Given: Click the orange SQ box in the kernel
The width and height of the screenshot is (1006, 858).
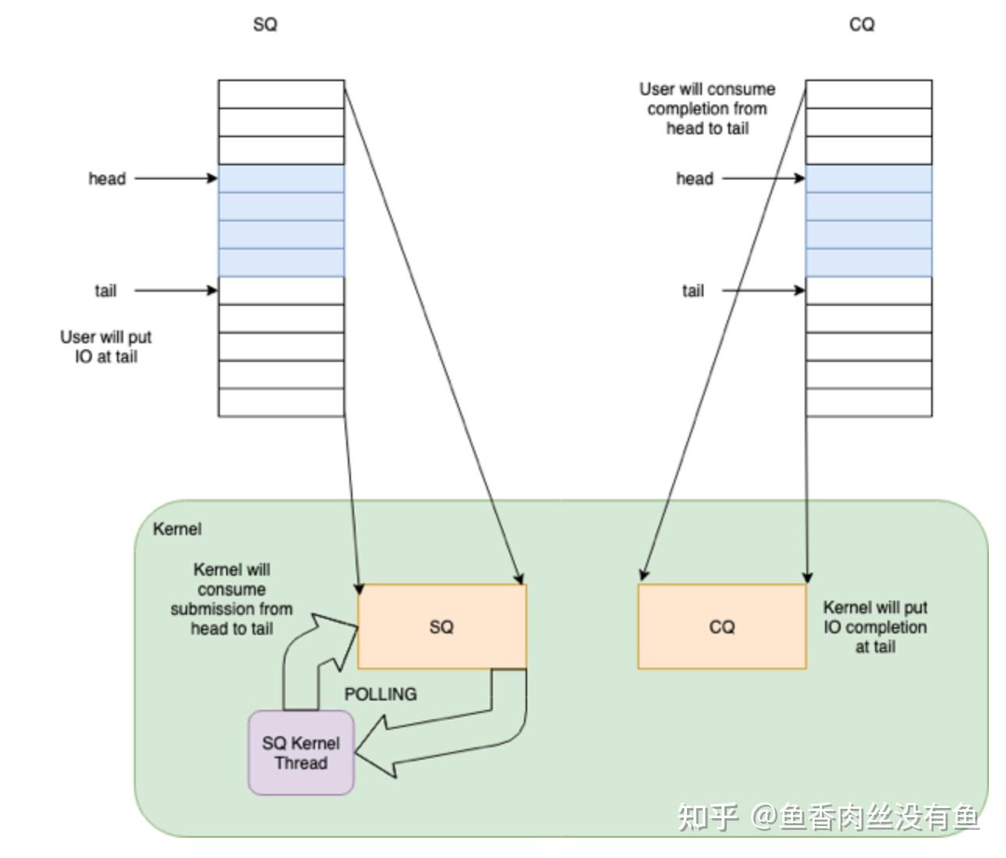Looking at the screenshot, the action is tap(442, 626).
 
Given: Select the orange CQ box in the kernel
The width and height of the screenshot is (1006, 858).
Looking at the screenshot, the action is tap(722, 626).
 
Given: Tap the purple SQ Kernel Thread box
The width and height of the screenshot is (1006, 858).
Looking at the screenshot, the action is tap(301, 753).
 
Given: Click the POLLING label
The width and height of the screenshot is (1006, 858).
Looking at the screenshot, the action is tap(381, 694).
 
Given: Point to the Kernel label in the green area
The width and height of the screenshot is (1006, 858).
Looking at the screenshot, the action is tap(177, 529).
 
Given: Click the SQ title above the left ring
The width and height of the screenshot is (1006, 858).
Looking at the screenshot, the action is tap(265, 24).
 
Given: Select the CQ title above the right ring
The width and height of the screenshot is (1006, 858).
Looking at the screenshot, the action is tap(862, 24).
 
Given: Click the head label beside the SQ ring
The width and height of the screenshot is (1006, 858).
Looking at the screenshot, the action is tap(107, 179).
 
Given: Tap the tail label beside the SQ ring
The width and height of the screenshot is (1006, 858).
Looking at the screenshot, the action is tap(105, 290).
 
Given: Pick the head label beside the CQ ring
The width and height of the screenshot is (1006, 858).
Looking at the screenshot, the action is tap(695, 179).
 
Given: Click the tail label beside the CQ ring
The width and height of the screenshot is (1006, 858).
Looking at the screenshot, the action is tap(693, 290).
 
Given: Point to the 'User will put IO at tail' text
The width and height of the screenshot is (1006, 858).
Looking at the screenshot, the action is tap(106, 346).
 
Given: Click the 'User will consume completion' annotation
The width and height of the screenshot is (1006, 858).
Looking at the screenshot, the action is tap(707, 108).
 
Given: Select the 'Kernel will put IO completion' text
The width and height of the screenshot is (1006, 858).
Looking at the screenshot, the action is tap(876, 627).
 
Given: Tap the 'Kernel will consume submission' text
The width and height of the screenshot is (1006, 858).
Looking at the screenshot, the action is tap(232, 598).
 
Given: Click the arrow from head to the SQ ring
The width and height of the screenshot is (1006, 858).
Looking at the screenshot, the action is tap(176, 179).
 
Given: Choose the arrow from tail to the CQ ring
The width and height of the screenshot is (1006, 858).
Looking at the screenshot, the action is tap(763, 290).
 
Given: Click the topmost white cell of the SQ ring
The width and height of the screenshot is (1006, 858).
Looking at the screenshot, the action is tap(282, 94).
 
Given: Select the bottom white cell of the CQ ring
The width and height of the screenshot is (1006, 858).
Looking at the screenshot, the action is tap(869, 402).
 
